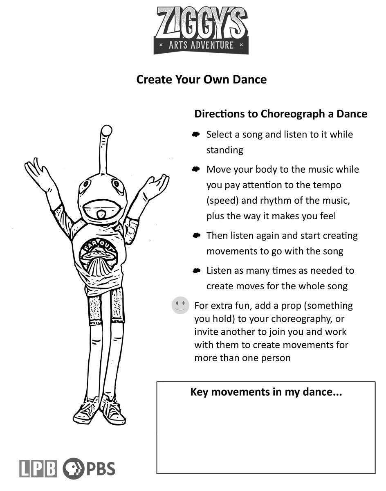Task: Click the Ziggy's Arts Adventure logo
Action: coord(201,30)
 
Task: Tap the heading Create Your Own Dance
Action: coord(201,79)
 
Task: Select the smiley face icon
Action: coord(180,305)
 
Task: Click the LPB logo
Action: coord(38,468)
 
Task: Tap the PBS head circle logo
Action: coord(73,468)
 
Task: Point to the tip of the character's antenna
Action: coord(106,131)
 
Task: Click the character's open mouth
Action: coord(100,214)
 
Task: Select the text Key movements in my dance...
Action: coord(266,392)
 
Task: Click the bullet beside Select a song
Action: coord(196,134)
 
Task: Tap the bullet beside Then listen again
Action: coord(196,235)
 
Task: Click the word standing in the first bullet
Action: coord(224,150)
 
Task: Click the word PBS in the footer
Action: coord(101,468)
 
